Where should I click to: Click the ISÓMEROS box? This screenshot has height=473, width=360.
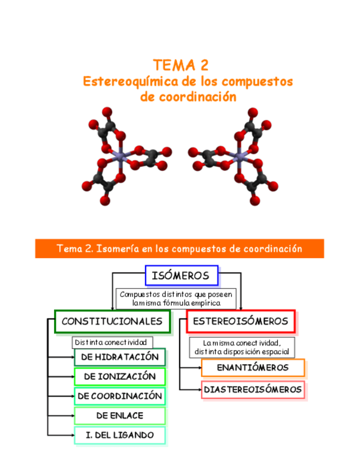pyautogui.click(x=181, y=276)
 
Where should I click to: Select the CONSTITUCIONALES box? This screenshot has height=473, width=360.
pyautogui.click(x=112, y=321)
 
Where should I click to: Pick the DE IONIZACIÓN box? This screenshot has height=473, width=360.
pyautogui.click(x=119, y=377)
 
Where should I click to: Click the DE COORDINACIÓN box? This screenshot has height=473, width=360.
pyautogui.click(x=119, y=396)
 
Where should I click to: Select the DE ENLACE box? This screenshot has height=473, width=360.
pyautogui.click(x=119, y=416)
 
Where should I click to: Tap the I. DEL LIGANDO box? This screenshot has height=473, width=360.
pyautogui.click(x=119, y=435)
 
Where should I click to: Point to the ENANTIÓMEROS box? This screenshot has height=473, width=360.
pyautogui.click(x=253, y=368)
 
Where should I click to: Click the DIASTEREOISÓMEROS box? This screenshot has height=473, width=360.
pyautogui.click(x=253, y=389)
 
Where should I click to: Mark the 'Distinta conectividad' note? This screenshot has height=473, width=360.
pyautogui.click(x=112, y=342)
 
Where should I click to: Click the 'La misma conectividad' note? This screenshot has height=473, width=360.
pyautogui.click(x=242, y=347)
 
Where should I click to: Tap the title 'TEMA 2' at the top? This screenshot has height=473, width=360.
pyautogui.click(x=180, y=65)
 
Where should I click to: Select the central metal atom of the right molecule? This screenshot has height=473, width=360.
pyautogui.click(x=241, y=157)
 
